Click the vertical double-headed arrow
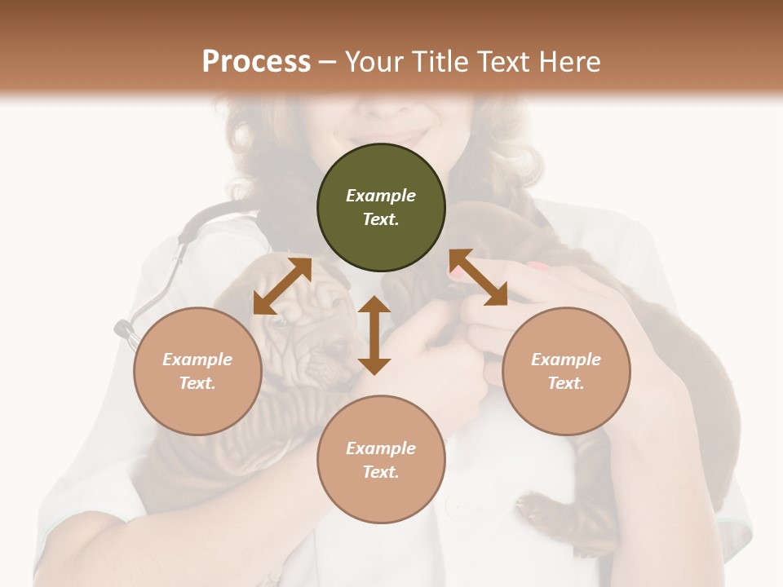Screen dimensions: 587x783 [x=374, y=335]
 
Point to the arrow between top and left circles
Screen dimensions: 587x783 [x=282, y=285]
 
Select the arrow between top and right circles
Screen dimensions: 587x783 [x=478, y=277]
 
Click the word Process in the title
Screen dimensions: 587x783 [x=256, y=61]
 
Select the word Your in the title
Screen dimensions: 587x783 [x=374, y=61]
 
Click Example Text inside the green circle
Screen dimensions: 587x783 [x=381, y=207]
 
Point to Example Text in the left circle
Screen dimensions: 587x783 [x=197, y=371]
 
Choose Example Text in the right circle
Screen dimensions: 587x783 [x=566, y=371]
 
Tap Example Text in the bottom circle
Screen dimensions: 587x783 [x=381, y=460]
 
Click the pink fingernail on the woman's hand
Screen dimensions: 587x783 [x=538, y=266]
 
